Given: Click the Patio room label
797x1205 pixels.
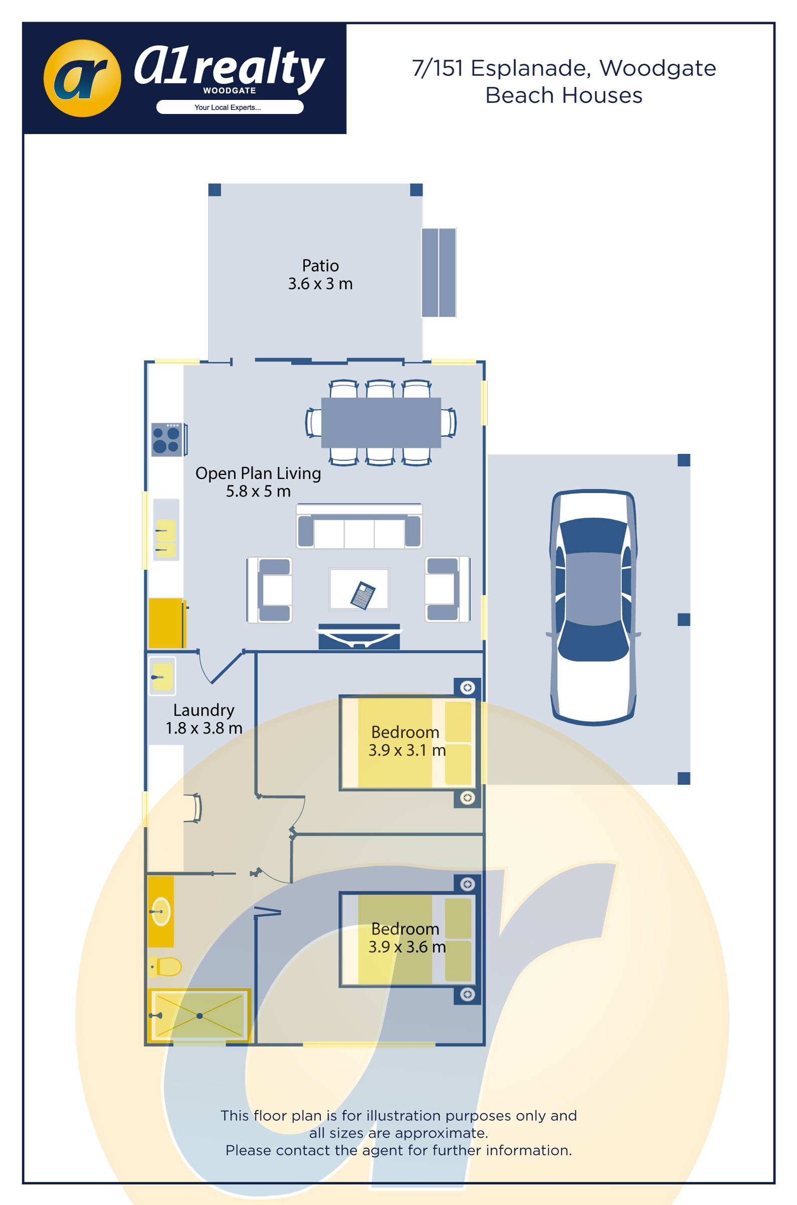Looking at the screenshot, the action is pos(320,266).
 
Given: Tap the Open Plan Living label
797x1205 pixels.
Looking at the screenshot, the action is pos(258,473).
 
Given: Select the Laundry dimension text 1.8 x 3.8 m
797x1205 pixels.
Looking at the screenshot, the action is pos(204,728).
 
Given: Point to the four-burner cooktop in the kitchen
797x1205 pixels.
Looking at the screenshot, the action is pos(167,440).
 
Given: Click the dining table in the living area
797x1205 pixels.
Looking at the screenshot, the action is pos(381,423).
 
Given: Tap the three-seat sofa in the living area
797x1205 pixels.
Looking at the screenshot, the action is pos(359,526).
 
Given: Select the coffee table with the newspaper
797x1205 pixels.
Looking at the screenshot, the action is pos(359,589).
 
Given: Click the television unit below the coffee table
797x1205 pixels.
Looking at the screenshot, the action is pos(359,637).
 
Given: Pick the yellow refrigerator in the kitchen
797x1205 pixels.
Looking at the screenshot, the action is pos(166,624).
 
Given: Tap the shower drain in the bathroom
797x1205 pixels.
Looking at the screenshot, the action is pos(200,1016).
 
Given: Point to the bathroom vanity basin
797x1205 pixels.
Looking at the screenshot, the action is pos(161,912).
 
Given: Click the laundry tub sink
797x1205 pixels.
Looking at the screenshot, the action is pos(162,677).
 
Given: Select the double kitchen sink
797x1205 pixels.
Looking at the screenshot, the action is pos(166,538).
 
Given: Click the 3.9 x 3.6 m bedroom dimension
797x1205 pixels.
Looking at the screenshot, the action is pos(407,947).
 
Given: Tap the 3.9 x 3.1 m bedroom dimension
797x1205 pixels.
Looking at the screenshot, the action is pos(407,750).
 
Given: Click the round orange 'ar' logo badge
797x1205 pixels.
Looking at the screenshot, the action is pos(82,78).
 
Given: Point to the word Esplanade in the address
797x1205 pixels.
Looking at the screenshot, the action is pos(530,68).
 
